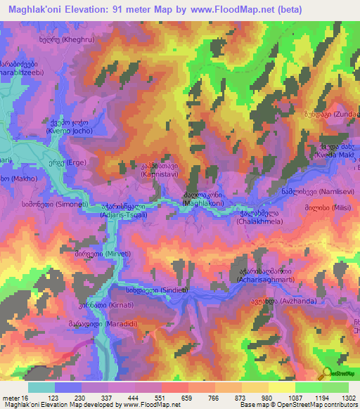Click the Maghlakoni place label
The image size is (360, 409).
(204, 202)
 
